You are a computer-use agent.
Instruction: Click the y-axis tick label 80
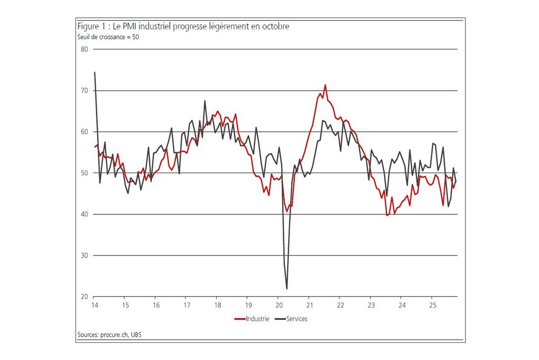(85, 49)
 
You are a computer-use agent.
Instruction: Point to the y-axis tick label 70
(85, 90)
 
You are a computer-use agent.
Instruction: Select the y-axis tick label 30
(85, 256)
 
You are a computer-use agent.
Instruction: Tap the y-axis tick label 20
(85, 297)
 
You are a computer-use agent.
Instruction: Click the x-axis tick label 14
(95, 306)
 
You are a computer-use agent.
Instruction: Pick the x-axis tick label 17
(186, 306)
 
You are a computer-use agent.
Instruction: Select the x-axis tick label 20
(278, 306)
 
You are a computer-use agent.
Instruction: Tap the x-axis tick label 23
(371, 306)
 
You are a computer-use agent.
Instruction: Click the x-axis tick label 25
(432, 306)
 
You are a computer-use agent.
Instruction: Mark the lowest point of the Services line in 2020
(287, 289)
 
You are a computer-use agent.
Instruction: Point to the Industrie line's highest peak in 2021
(325, 85)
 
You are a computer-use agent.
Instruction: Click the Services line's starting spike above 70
(95, 72)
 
